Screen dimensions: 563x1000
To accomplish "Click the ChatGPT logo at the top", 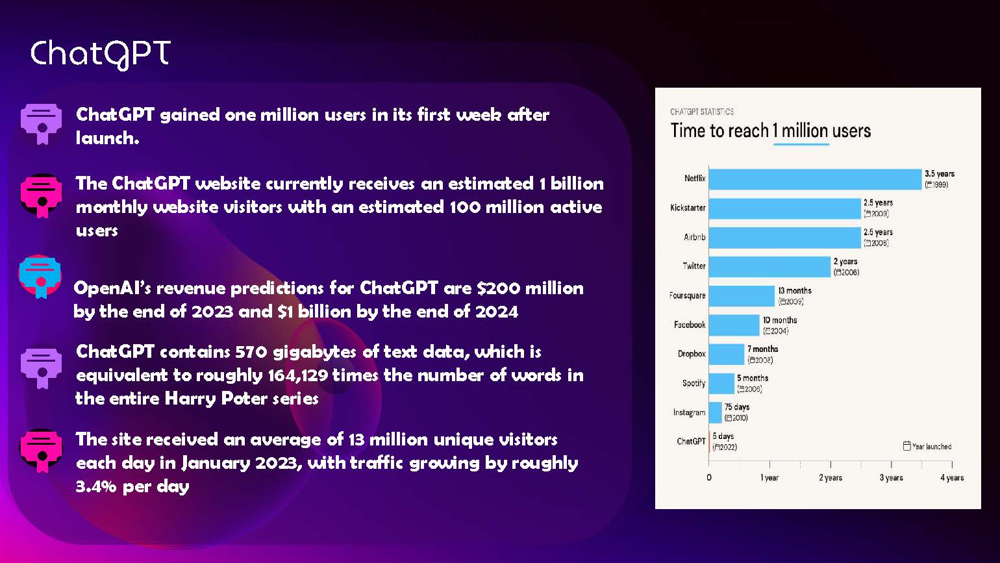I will coord(100,54).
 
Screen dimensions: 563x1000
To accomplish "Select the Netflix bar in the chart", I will coord(815,179).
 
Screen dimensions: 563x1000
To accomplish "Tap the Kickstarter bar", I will coord(784,208).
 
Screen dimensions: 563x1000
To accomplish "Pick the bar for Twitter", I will coord(769,266).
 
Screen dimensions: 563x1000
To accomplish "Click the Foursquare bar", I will coord(742,295).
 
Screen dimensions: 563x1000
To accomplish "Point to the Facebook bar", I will coord(734,325).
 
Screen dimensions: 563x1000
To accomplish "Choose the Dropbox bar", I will coord(726,354).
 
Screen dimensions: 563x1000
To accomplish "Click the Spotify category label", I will coord(694,383).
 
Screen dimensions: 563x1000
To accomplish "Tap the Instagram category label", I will coord(689,412).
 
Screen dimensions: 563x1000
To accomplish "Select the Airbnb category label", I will coord(694,237).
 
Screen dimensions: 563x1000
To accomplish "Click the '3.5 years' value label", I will coord(940,173).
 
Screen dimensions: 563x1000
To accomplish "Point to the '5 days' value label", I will coord(723,436).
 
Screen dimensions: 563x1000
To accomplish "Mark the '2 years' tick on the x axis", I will coord(831,477).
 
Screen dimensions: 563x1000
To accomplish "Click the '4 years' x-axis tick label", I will coord(952,477).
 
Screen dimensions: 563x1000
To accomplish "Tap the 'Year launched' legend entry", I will coord(927,446).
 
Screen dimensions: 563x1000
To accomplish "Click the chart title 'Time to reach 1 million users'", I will coord(770,131).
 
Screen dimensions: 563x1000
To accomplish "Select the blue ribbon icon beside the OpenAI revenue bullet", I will coord(40,277).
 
